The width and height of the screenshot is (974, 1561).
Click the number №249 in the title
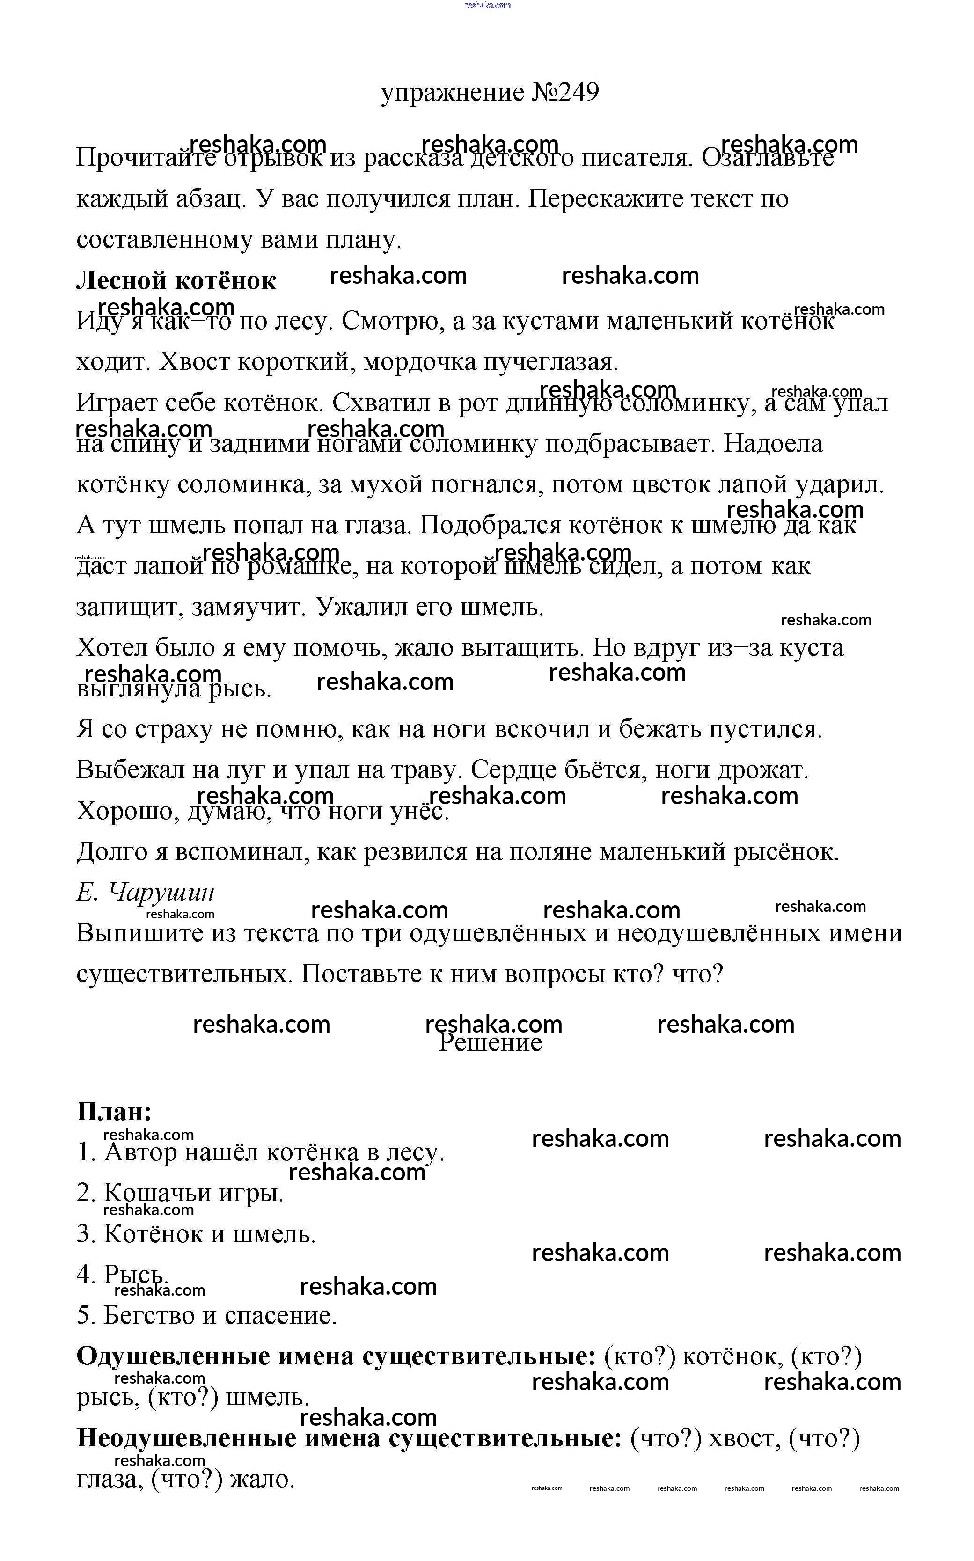565,92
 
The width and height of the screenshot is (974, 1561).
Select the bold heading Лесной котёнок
176,280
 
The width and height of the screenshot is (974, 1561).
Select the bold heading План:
114,1111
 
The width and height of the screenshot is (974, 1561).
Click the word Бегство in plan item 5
149,1316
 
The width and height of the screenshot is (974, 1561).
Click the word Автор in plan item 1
140,1152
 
